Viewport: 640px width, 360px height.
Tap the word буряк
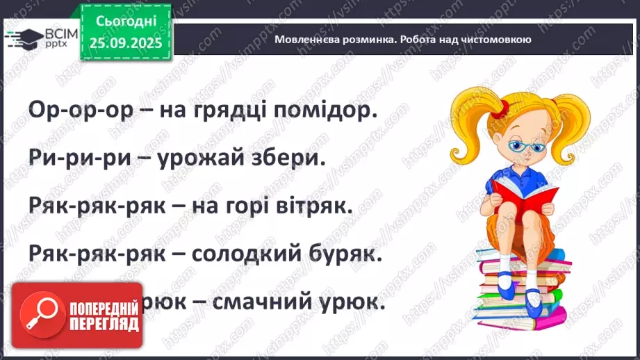(352, 254)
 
